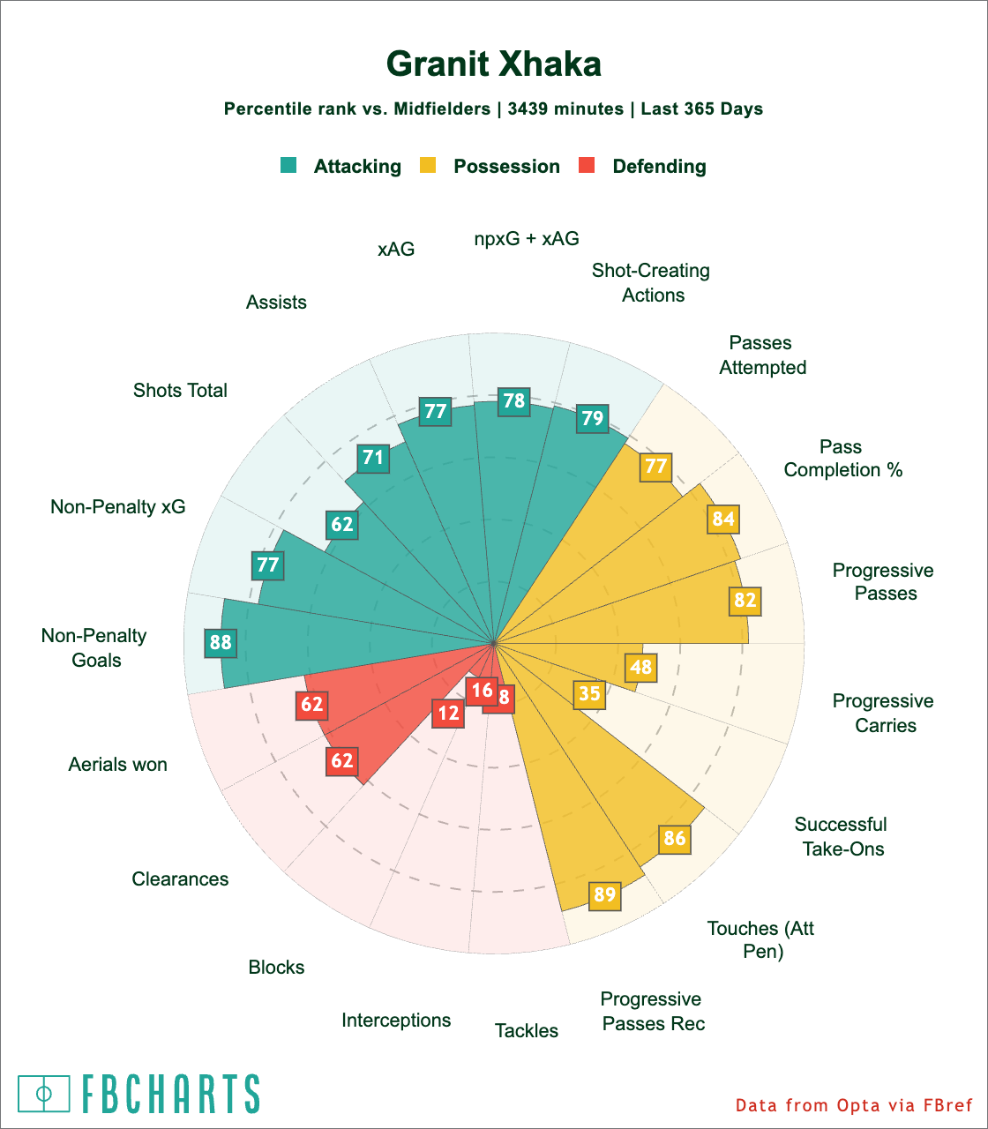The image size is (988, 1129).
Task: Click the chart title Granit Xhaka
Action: (x=494, y=64)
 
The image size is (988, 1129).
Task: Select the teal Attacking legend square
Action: (x=288, y=165)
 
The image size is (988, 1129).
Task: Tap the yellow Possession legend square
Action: (x=428, y=165)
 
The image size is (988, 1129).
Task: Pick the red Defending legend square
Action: (x=587, y=165)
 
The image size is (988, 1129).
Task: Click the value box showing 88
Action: (x=221, y=642)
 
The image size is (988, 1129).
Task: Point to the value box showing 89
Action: (x=604, y=895)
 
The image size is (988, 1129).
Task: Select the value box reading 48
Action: (x=641, y=667)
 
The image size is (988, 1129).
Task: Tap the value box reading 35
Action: (x=589, y=694)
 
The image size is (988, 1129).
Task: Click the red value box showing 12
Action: (x=449, y=713)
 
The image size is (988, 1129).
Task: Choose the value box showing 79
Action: (x=592, y=417)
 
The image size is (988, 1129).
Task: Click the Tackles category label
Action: (x=527, y=1030)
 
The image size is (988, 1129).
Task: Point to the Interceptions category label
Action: (x=396, y=1021)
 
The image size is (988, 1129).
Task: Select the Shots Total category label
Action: (x=180, y=390)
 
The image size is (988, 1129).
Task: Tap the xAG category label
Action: (x=396, y=250)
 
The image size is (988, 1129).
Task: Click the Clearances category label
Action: (x=180, y=879)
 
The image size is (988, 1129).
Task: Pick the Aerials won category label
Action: (x=117, y=764)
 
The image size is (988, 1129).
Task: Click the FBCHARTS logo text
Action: (x=171, y=1094)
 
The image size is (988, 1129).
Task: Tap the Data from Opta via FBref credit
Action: (x=854, y=1105)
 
